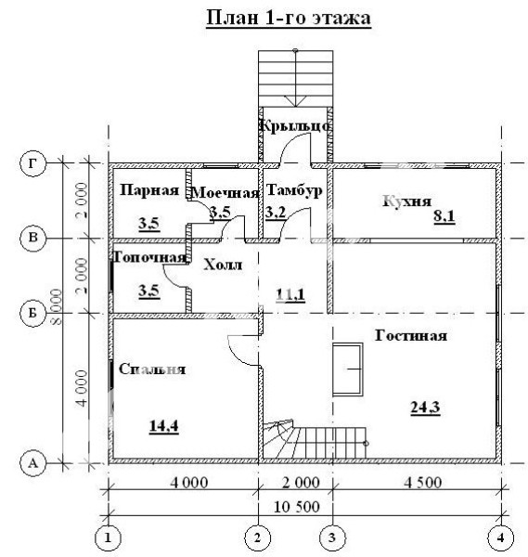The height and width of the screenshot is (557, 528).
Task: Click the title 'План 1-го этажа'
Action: pos(289,18)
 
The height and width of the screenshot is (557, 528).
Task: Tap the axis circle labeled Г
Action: pos(32,163)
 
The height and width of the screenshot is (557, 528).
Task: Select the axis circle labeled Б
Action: pos(32,314)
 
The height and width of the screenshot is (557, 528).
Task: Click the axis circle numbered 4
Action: pos(501,538)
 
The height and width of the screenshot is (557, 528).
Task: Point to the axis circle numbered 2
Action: pos(257,538)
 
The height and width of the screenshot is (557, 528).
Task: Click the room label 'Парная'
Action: pos(149,190)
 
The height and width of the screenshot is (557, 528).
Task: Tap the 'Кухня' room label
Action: pos(407,201)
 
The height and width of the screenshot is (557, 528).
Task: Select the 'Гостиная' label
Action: pos(411,336)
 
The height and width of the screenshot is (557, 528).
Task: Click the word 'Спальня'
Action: pos(152,369)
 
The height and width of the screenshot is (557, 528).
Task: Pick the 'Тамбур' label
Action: pos(294,190)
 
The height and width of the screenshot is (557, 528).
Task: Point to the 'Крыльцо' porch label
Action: pos(295,126)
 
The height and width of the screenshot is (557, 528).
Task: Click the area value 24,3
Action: pos(425,408)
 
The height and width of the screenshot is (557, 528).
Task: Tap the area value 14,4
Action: pos(163,426)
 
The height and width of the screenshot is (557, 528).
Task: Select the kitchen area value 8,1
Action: pos(444,216)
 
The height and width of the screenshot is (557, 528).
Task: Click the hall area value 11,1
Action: pos(290,295)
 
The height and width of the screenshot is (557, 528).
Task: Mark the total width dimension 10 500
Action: pos(297,507)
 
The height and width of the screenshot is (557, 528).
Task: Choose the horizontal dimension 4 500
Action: pos(423,483)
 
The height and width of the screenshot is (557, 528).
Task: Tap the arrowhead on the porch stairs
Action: pos(295,101)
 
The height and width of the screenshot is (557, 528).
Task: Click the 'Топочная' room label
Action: pos(149,257)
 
